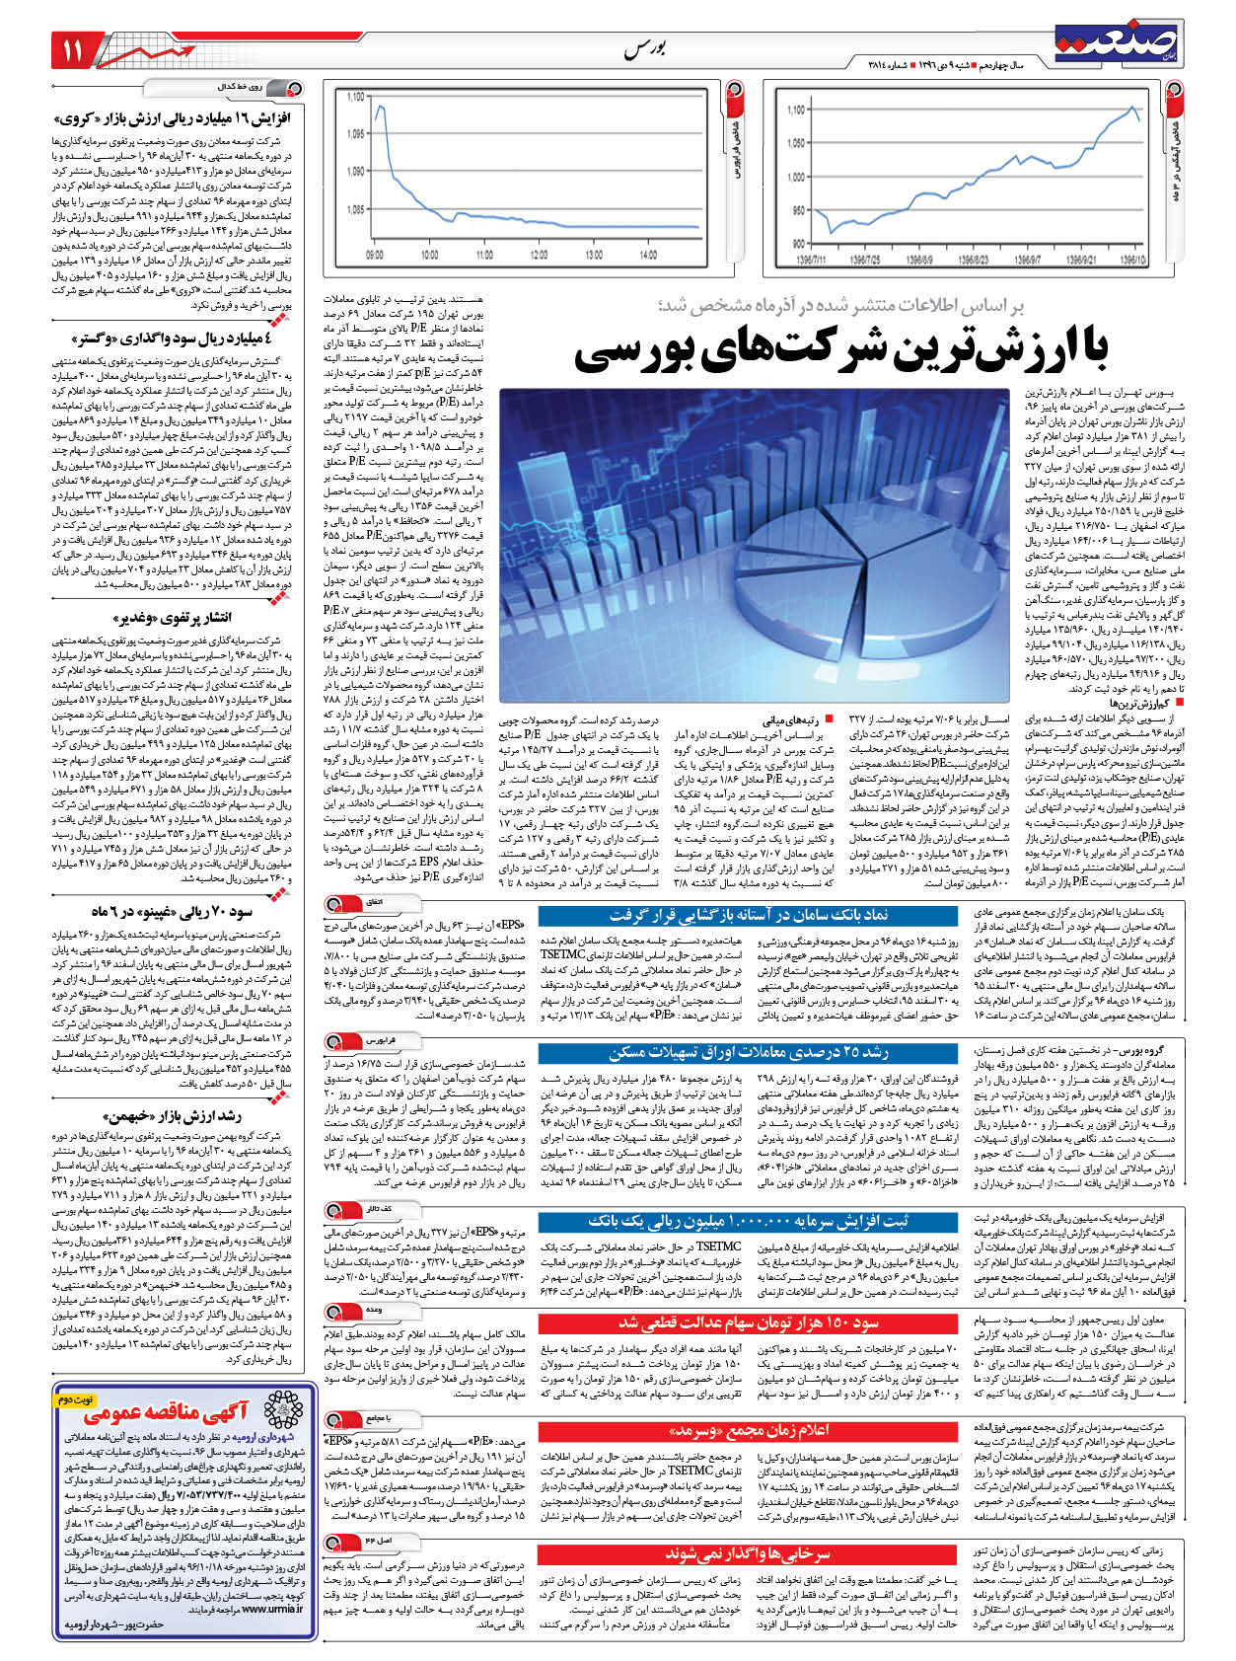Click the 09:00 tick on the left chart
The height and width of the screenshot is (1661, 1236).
(375, 255)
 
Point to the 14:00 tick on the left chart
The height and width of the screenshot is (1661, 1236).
(648, 255)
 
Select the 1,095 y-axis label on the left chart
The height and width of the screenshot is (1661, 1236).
(355, 133)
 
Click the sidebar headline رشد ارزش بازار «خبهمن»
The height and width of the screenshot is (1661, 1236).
(187, 1116)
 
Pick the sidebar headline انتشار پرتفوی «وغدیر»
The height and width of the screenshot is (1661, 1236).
(187, 618)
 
